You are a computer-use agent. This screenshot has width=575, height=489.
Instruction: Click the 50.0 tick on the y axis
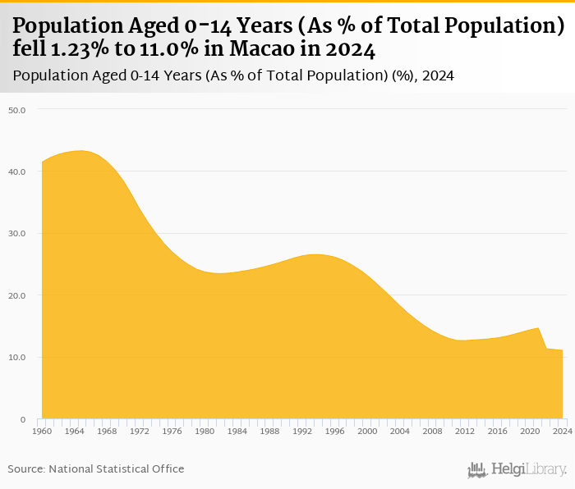pos(17,109)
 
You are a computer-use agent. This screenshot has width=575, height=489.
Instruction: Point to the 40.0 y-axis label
pos(17,171)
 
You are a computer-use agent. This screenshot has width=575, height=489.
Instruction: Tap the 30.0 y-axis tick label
pos(17,233)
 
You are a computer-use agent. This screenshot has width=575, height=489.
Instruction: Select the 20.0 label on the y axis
pos(17,295)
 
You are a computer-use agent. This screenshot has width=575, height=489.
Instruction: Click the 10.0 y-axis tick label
pos(17,358)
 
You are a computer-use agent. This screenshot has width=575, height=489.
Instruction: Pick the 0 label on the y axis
pos(23,419)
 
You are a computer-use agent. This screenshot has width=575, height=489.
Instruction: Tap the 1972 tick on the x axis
pos(139,431)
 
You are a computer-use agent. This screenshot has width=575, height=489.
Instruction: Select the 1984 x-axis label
pos(237,431)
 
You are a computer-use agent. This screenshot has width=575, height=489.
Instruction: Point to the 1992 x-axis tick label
pos(301,431)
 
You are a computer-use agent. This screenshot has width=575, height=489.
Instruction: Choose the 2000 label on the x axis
pos(367,431)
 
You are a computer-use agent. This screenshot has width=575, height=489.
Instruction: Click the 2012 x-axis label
pos(465,431)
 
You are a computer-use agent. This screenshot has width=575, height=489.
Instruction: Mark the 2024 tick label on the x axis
pos(563,431)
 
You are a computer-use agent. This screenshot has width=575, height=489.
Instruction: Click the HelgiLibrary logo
pos(517,469)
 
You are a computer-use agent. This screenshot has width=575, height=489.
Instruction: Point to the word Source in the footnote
pos(26,468)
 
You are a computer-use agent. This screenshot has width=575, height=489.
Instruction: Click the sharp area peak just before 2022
pos(538,328)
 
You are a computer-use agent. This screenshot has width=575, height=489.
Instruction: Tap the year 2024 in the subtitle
pos(438,76)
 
